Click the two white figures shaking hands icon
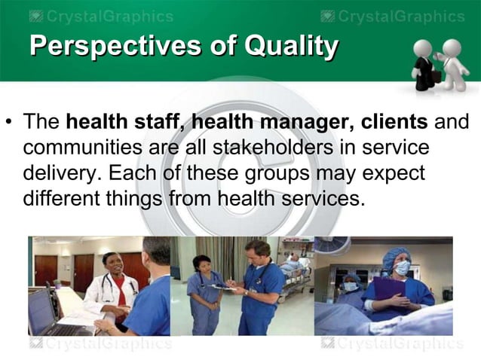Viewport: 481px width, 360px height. tap(440, 64)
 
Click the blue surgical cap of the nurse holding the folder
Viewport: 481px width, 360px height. tap(396, 257)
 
